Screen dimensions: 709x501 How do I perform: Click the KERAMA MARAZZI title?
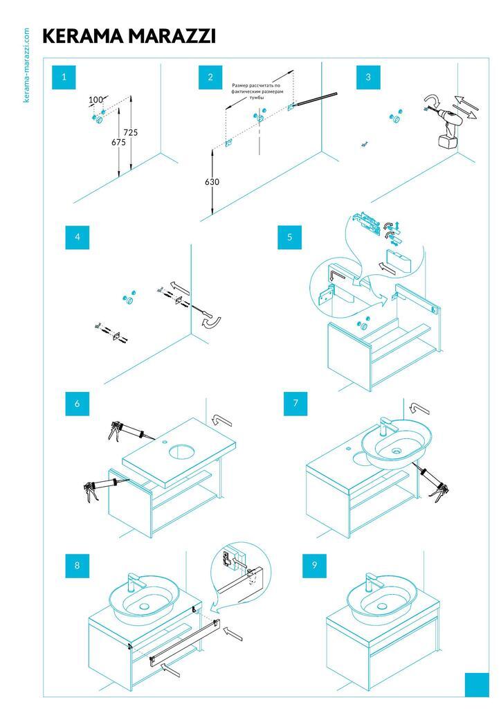129,37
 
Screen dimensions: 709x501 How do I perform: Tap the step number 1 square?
64,78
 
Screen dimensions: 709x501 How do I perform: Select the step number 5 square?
289,237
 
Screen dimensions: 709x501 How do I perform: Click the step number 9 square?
314,565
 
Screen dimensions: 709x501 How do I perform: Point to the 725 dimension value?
131,132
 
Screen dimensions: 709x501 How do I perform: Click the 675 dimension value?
118,142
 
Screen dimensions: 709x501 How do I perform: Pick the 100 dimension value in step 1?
95,100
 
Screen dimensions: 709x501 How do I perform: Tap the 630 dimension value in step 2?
212,182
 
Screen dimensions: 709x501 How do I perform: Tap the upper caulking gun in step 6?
125,431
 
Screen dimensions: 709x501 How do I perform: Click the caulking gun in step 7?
430,482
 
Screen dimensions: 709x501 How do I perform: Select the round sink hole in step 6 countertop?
182,453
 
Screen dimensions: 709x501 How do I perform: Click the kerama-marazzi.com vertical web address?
27,65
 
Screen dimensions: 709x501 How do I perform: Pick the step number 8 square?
78,566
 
